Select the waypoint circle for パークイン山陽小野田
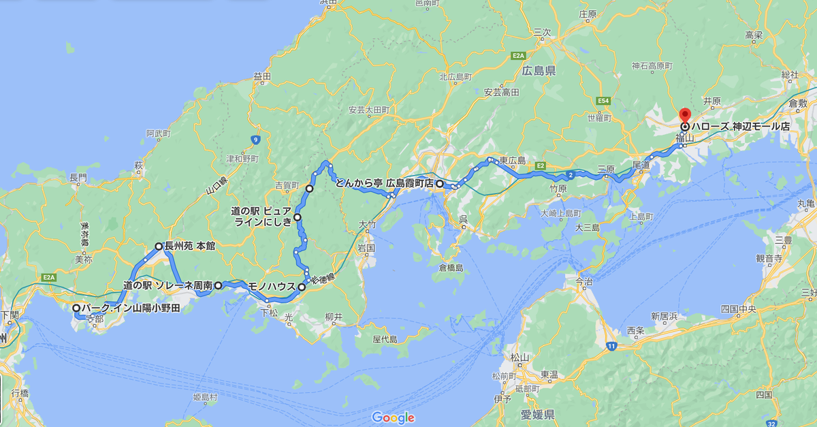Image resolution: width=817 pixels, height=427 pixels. [76, 308]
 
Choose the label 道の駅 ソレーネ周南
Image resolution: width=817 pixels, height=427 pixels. [167, 285]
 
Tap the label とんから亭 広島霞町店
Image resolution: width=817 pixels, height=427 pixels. [384, 183]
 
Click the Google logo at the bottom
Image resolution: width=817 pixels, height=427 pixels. [393, 417]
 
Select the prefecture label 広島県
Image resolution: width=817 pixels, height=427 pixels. [540, 70]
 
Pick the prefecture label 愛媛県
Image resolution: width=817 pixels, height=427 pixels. [539, 414]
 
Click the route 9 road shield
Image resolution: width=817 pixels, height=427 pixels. [256, 140]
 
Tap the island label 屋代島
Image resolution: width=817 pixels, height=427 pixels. [385, 338]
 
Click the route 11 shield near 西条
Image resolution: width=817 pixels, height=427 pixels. [611, 347]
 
